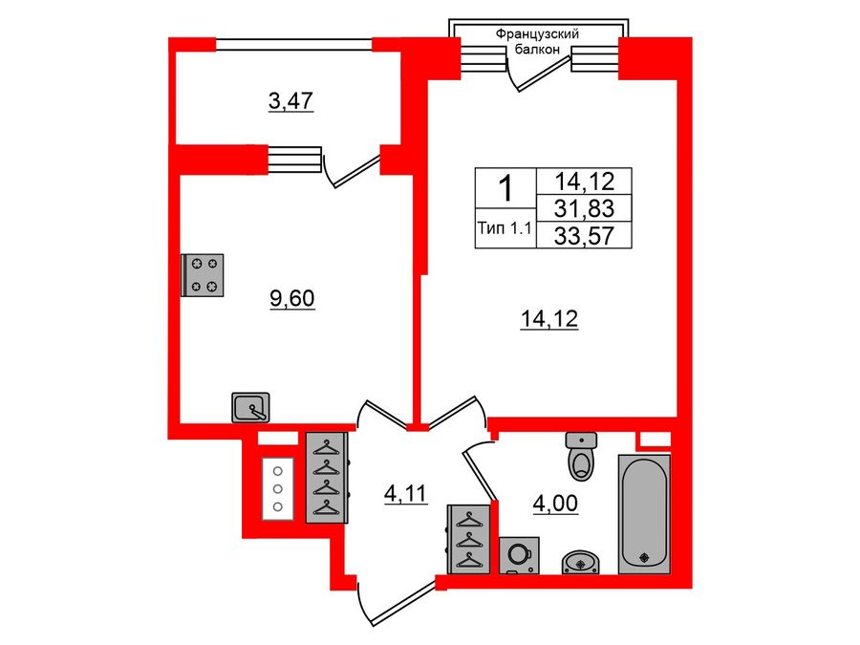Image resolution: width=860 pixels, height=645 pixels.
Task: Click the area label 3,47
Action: [x=291, y=100]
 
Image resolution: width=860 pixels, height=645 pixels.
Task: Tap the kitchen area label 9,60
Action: [x=291, y=299]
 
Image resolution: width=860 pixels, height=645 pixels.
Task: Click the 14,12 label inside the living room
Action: [x=549, y=321]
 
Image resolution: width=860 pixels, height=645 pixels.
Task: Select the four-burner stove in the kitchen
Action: [x=203, y=273]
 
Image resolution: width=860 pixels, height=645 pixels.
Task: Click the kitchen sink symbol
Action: [x=252, y=408]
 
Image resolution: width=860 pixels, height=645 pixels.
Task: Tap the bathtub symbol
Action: [x=644, y=514]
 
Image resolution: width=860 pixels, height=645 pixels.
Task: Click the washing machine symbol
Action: [x=519, y=555]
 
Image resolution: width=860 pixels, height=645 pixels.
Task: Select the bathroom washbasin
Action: [x=580, y=561]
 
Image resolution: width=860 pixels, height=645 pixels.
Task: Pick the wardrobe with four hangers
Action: [x=326, y=478]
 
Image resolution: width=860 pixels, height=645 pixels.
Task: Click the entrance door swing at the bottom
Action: [x=387, y=602]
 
